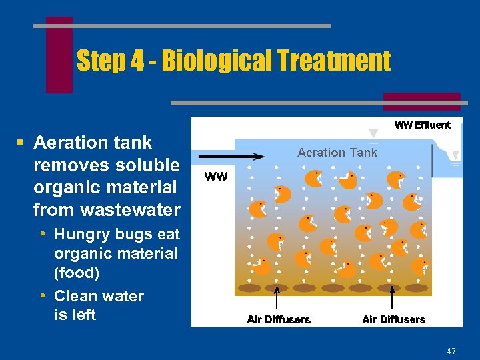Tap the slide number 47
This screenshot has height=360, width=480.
(x=451, y=351)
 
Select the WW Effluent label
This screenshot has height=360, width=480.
(x=422, y=125)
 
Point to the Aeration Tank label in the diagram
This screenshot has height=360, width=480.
(x=337, y=153)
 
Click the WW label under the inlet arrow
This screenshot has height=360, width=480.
(x=216, y=177)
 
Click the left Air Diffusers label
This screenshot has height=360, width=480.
(x=279, y=320)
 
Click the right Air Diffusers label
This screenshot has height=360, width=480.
(x=393, y=320)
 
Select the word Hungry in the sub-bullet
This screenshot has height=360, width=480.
(x=79, y=234)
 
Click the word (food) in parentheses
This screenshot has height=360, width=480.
(x=77, y=273)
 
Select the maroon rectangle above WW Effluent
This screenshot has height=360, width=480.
(x=421, y=101)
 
